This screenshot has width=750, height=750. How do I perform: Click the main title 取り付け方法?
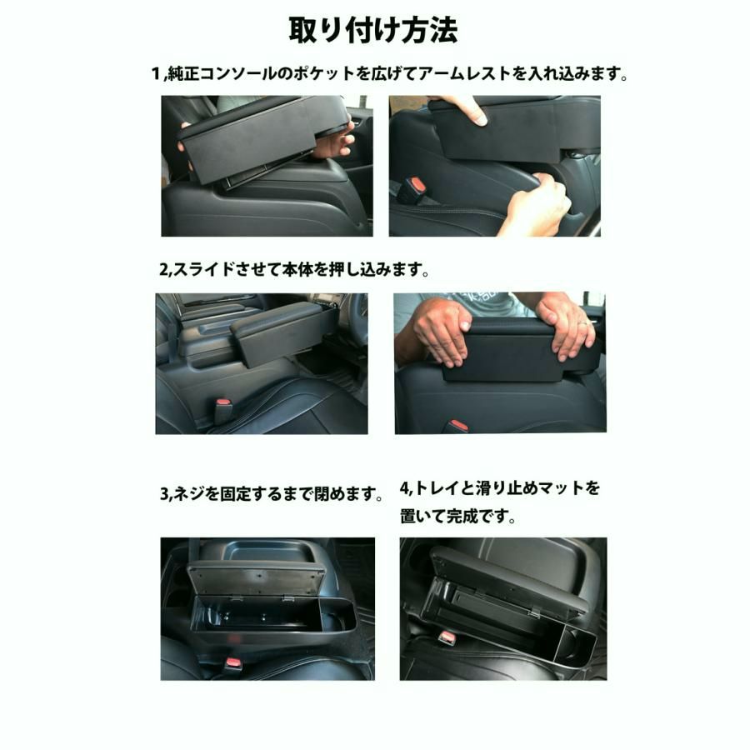coord(373,30)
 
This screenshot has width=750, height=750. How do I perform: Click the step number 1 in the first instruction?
coord(155,74)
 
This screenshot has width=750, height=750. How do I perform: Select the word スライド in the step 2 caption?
coord(198,271)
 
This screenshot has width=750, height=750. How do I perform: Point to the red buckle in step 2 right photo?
coord(456,426)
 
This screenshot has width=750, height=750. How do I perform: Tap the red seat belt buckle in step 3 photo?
coord(232,664)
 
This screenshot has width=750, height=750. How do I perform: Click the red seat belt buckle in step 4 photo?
coord(447,637)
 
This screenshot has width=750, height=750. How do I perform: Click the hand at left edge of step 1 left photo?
coord(183,151)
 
